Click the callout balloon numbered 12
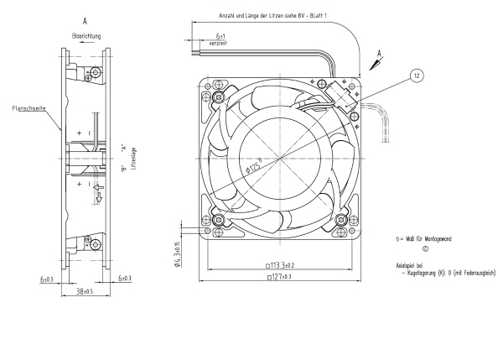(417, 76)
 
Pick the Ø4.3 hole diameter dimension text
(177, 253)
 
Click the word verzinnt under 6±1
(220, 44)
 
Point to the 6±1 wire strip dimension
(220, 37)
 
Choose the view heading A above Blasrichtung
(86, 17)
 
